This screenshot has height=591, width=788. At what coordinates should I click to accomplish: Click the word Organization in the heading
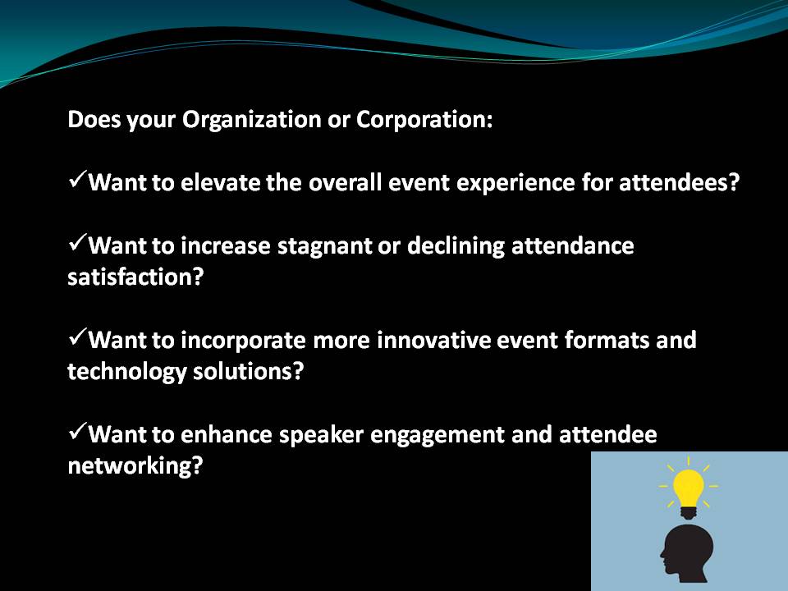tap(252, 121)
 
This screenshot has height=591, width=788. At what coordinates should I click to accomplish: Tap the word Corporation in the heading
tap(424, 120)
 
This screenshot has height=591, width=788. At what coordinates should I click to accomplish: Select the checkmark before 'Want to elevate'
tap(77, 180)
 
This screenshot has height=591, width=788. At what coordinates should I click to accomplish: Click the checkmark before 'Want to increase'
tap(77, 243)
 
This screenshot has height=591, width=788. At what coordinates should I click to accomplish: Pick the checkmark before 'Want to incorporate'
tap(77, 337)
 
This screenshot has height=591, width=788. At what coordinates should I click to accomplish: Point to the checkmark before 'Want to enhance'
tap(77, 432)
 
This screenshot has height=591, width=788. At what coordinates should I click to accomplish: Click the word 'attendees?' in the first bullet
tap(679, 182)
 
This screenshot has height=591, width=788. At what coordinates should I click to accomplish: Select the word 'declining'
tap(456, 246)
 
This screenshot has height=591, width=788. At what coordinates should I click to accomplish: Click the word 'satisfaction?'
tap(135, 277)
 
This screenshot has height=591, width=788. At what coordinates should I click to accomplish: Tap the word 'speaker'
tap(321, 435)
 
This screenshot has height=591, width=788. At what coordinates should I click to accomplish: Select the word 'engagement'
tap(438, 436)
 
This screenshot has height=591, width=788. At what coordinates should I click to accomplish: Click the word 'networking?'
tap(135, 466)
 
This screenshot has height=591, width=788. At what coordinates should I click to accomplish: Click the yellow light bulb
tap(688, 488)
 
